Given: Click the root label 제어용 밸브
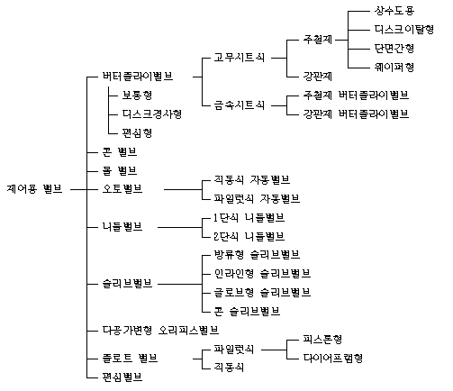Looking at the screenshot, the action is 34,189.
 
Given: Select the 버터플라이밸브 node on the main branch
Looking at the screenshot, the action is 138,77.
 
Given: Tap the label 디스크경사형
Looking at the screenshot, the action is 151,114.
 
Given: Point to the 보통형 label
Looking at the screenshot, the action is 137,95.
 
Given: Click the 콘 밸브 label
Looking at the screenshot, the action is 120,152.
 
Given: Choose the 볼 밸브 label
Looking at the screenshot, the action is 120,171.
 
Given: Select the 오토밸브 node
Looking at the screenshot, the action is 122,189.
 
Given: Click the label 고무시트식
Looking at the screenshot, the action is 239,58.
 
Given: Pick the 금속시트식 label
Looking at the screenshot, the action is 239,105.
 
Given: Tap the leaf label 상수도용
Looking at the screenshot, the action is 394,11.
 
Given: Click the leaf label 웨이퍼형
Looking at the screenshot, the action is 394,67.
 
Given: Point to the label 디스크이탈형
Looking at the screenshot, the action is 404,30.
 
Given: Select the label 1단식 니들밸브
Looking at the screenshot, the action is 249,218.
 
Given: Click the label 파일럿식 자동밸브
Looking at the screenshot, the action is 257,199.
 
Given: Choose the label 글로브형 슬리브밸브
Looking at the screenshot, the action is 262,293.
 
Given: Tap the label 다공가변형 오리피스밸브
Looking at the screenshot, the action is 160,331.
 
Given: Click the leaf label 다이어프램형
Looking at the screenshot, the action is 333,359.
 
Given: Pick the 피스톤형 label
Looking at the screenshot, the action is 322,340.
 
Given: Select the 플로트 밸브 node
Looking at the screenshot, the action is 130,359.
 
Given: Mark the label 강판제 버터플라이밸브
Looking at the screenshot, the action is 356,114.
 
